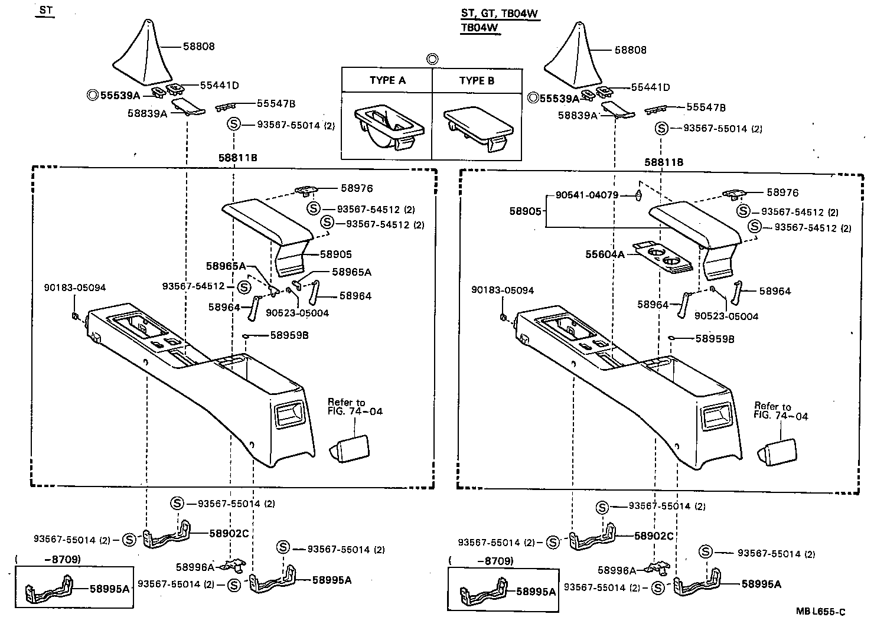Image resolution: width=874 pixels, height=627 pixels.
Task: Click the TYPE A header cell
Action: [387, 80]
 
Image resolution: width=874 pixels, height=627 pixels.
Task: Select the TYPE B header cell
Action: [477, 80]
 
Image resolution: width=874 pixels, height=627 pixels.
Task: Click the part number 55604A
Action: [605, 254]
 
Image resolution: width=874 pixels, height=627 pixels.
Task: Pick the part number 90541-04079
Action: [586, 195]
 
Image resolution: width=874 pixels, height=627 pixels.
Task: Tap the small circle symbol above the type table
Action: [432, 58]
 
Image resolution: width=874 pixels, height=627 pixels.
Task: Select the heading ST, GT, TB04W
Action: [500, 14]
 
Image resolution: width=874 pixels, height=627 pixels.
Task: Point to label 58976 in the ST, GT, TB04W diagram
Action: [782, 192]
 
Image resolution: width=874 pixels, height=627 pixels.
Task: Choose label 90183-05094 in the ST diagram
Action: [75, 288]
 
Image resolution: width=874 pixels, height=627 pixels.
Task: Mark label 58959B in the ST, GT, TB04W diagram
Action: [715, 339]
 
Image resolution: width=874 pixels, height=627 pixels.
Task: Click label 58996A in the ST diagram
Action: [194, 567]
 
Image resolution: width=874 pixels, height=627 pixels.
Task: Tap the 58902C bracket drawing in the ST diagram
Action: [168, 535]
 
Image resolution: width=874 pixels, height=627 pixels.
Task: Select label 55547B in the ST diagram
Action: [276, 104]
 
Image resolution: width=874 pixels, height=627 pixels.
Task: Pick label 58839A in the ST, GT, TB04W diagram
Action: [578, 116]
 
